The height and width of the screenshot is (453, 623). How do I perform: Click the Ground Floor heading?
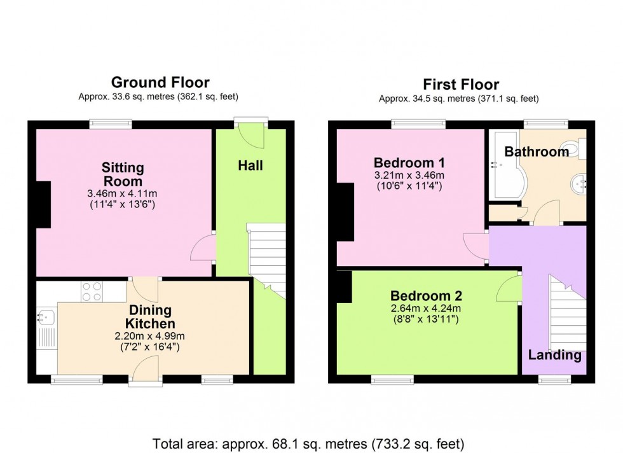point(160,82)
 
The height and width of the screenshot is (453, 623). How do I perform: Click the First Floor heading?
point(461,85)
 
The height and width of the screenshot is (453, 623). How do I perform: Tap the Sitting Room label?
point(123,174)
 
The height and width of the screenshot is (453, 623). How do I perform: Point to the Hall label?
point(250,166)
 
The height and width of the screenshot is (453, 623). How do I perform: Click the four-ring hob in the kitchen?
point(92,291)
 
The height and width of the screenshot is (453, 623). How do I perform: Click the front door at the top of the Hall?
point(250,133)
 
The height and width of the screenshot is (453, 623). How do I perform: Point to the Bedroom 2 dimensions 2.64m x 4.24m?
point(426,309)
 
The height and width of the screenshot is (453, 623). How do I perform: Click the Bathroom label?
point(537,152)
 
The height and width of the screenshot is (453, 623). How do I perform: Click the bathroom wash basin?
point(579,184)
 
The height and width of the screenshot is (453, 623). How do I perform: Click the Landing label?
point(554,355)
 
